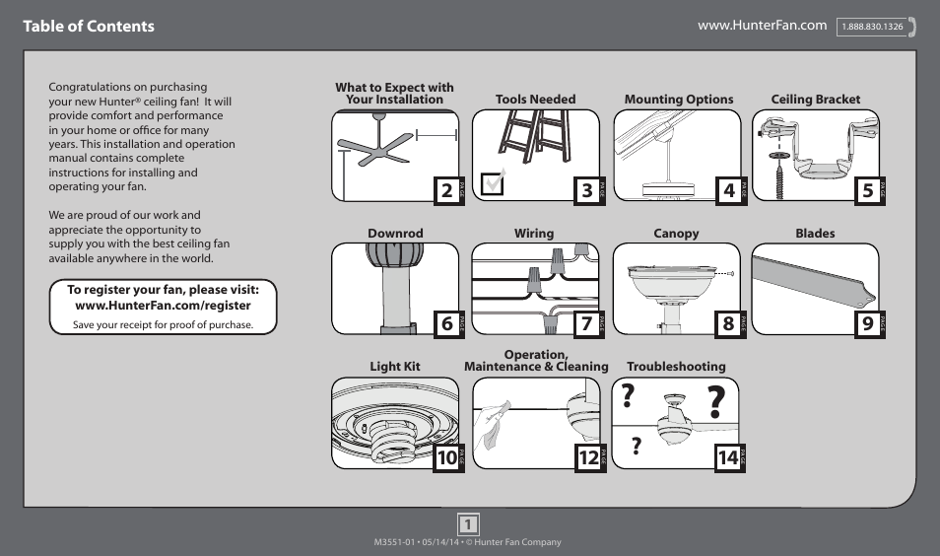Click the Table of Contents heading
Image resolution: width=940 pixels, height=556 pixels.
(89, 27)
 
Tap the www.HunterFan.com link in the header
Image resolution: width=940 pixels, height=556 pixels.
(762, 25)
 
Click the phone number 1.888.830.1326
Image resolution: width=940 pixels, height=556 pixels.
(872, 27)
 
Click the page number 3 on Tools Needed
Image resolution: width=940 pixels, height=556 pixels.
(587, 190)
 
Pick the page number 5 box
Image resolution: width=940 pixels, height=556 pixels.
(867, 190)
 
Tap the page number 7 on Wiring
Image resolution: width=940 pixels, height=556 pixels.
(587, 323)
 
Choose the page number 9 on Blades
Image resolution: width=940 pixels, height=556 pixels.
(867, 323)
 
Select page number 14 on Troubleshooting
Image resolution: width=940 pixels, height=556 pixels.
(727, 456)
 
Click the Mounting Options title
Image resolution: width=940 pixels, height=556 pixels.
(679, 100)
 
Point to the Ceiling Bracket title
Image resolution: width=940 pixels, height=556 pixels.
(815, 100)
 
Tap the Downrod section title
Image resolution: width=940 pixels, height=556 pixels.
(395, 234)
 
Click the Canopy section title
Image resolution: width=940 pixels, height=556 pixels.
(676, 234)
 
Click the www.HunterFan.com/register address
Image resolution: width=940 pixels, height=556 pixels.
(163, 306)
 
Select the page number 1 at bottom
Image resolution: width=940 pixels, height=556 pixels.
(469, 523)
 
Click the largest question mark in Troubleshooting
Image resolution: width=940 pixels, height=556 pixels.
(720, 403)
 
